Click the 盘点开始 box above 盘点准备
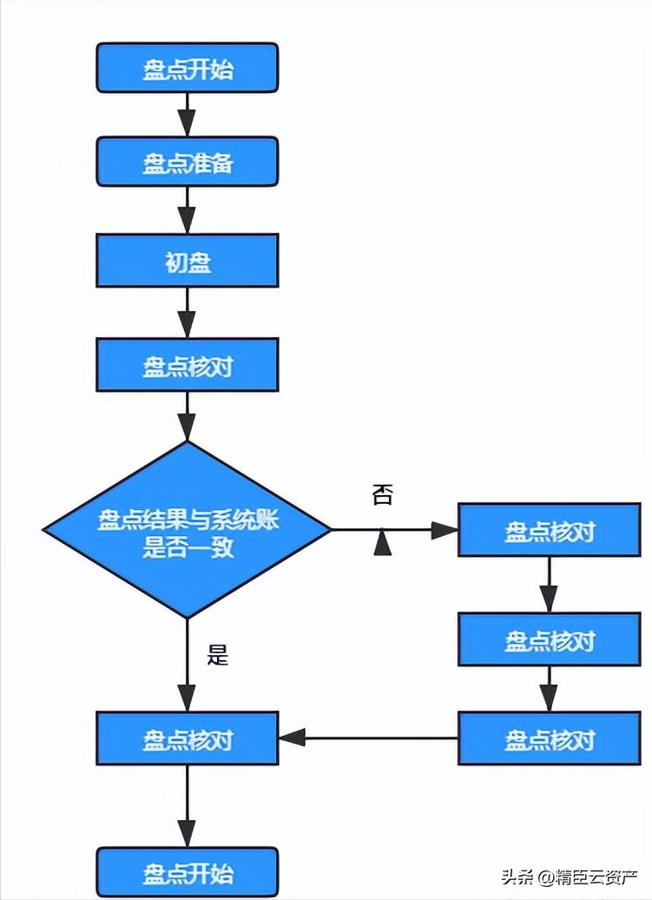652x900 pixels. click(x=188, y=69)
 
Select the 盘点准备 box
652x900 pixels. click(x=188, y=162)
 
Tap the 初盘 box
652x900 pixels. click(x=188, y=261)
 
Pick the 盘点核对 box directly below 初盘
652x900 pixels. click(x=188, y=365)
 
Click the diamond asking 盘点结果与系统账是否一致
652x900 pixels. click(x=188, y=529)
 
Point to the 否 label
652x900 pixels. click(x=382, y=495)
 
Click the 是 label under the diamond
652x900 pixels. click(x=218, y=654)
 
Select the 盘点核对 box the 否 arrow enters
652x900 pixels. click(x=550, y=530)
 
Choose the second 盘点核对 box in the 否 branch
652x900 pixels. click(x=550, y=639)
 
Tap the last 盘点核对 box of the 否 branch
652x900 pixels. click(x=550, y=739)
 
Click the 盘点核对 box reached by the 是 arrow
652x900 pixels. click(x=188, y=739)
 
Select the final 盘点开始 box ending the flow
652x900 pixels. click(x=188, y=872)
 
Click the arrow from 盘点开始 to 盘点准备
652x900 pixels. click(x=188, y=114)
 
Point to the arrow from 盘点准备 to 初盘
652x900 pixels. click(x=188, y=210)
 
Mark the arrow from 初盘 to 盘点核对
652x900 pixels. click(x=188, y=313)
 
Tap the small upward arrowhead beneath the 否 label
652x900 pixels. click(x=382, y=543)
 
